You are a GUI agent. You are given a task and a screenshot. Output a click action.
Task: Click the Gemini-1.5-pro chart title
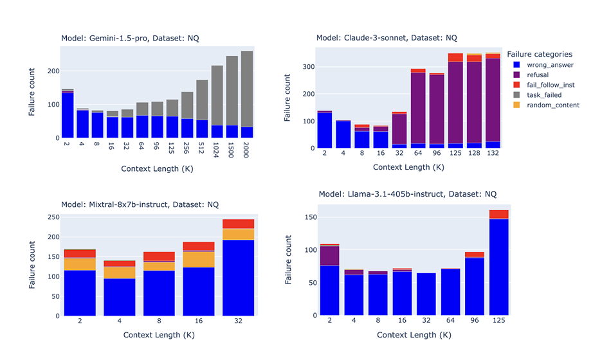130,38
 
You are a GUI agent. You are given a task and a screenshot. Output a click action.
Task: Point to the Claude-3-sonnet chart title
387,38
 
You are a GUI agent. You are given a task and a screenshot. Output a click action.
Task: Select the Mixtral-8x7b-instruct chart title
140,204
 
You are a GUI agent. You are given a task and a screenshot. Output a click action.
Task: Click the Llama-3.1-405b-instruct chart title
408,194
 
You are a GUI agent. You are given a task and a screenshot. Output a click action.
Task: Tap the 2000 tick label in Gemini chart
246,150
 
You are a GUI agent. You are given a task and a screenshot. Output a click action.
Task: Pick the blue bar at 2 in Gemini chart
68,115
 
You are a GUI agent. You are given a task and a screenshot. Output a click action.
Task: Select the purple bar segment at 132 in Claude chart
493,100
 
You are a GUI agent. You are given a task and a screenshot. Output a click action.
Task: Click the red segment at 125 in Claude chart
455,58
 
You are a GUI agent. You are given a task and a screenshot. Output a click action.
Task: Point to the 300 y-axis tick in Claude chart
309,67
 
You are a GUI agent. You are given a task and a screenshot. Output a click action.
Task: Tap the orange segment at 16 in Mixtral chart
199,259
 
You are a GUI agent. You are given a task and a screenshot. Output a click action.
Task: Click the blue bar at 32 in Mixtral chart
239,278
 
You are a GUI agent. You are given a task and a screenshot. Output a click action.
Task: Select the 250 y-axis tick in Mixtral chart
54,217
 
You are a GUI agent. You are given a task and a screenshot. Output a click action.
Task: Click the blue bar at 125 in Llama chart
499,267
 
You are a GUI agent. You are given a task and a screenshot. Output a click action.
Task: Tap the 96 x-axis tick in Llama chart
475,320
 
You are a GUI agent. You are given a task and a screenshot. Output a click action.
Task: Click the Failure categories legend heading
540,54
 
